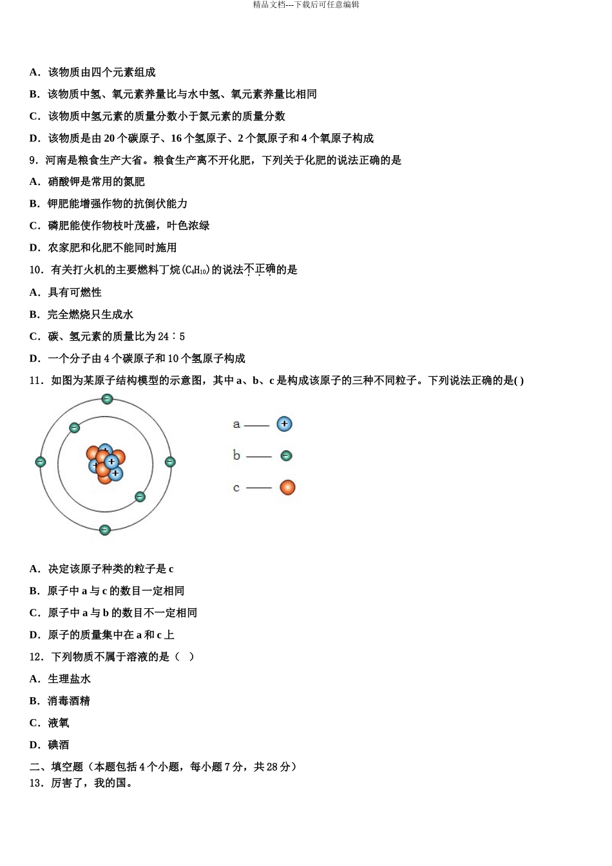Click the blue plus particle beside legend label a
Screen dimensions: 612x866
coord(284,424)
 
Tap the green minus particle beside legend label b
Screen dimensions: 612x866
coord(287,456)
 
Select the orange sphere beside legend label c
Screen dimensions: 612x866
coord(287,488)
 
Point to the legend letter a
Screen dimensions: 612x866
coord(236,425)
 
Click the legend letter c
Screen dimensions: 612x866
coord(236,488)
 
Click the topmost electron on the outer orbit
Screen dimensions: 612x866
coord(107,399)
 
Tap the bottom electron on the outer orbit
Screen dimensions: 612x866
coord(105,530)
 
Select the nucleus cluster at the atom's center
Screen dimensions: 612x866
coord(106,463)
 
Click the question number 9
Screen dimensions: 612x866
coord(33,160)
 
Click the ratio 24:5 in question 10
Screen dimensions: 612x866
coord(171,336)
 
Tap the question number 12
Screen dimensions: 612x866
coord(36,657)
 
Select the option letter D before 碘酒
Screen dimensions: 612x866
coord(35,745)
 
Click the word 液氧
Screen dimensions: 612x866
coord(59,723)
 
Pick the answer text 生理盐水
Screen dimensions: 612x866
coord(70,679)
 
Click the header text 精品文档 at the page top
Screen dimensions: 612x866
coord(269,5)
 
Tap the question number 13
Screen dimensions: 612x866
coord(36,784)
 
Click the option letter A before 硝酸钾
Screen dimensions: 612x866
coord(35,182)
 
